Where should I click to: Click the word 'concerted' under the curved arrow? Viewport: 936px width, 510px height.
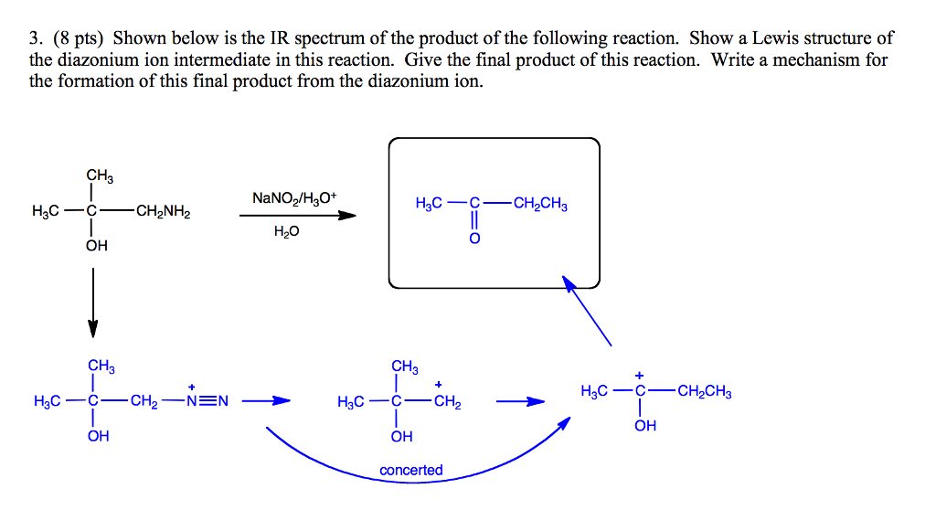tap(411, 470)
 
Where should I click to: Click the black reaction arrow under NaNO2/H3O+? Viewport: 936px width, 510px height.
tap(298, 216)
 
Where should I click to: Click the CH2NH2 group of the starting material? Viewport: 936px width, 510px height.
tap(164, 213)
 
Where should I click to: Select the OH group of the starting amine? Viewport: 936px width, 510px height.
tap(97, 245)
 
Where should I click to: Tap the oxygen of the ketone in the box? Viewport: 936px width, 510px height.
tap(474, 239)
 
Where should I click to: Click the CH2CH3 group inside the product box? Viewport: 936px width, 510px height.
tap(540, 204)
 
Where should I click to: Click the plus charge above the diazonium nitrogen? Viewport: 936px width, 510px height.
tap(192, 385)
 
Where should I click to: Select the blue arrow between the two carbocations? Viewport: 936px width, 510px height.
tap(520, 400)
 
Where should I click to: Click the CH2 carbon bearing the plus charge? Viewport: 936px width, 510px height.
tap(448, 401)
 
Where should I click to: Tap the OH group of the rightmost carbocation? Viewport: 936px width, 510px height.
tap(645, 426)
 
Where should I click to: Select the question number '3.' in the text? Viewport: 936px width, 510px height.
tap(37, 38)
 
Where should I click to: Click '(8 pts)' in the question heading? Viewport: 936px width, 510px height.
tap(80, 38)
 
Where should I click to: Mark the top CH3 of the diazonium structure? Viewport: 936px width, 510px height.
tap(101, 367)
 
